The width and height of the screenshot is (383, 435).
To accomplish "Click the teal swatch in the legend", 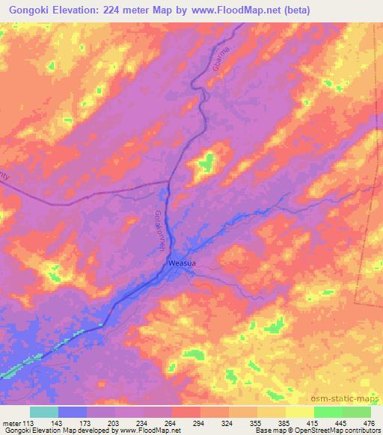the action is point(43,412).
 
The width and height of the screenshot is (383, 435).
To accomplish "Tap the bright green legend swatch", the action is point(328,412).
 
